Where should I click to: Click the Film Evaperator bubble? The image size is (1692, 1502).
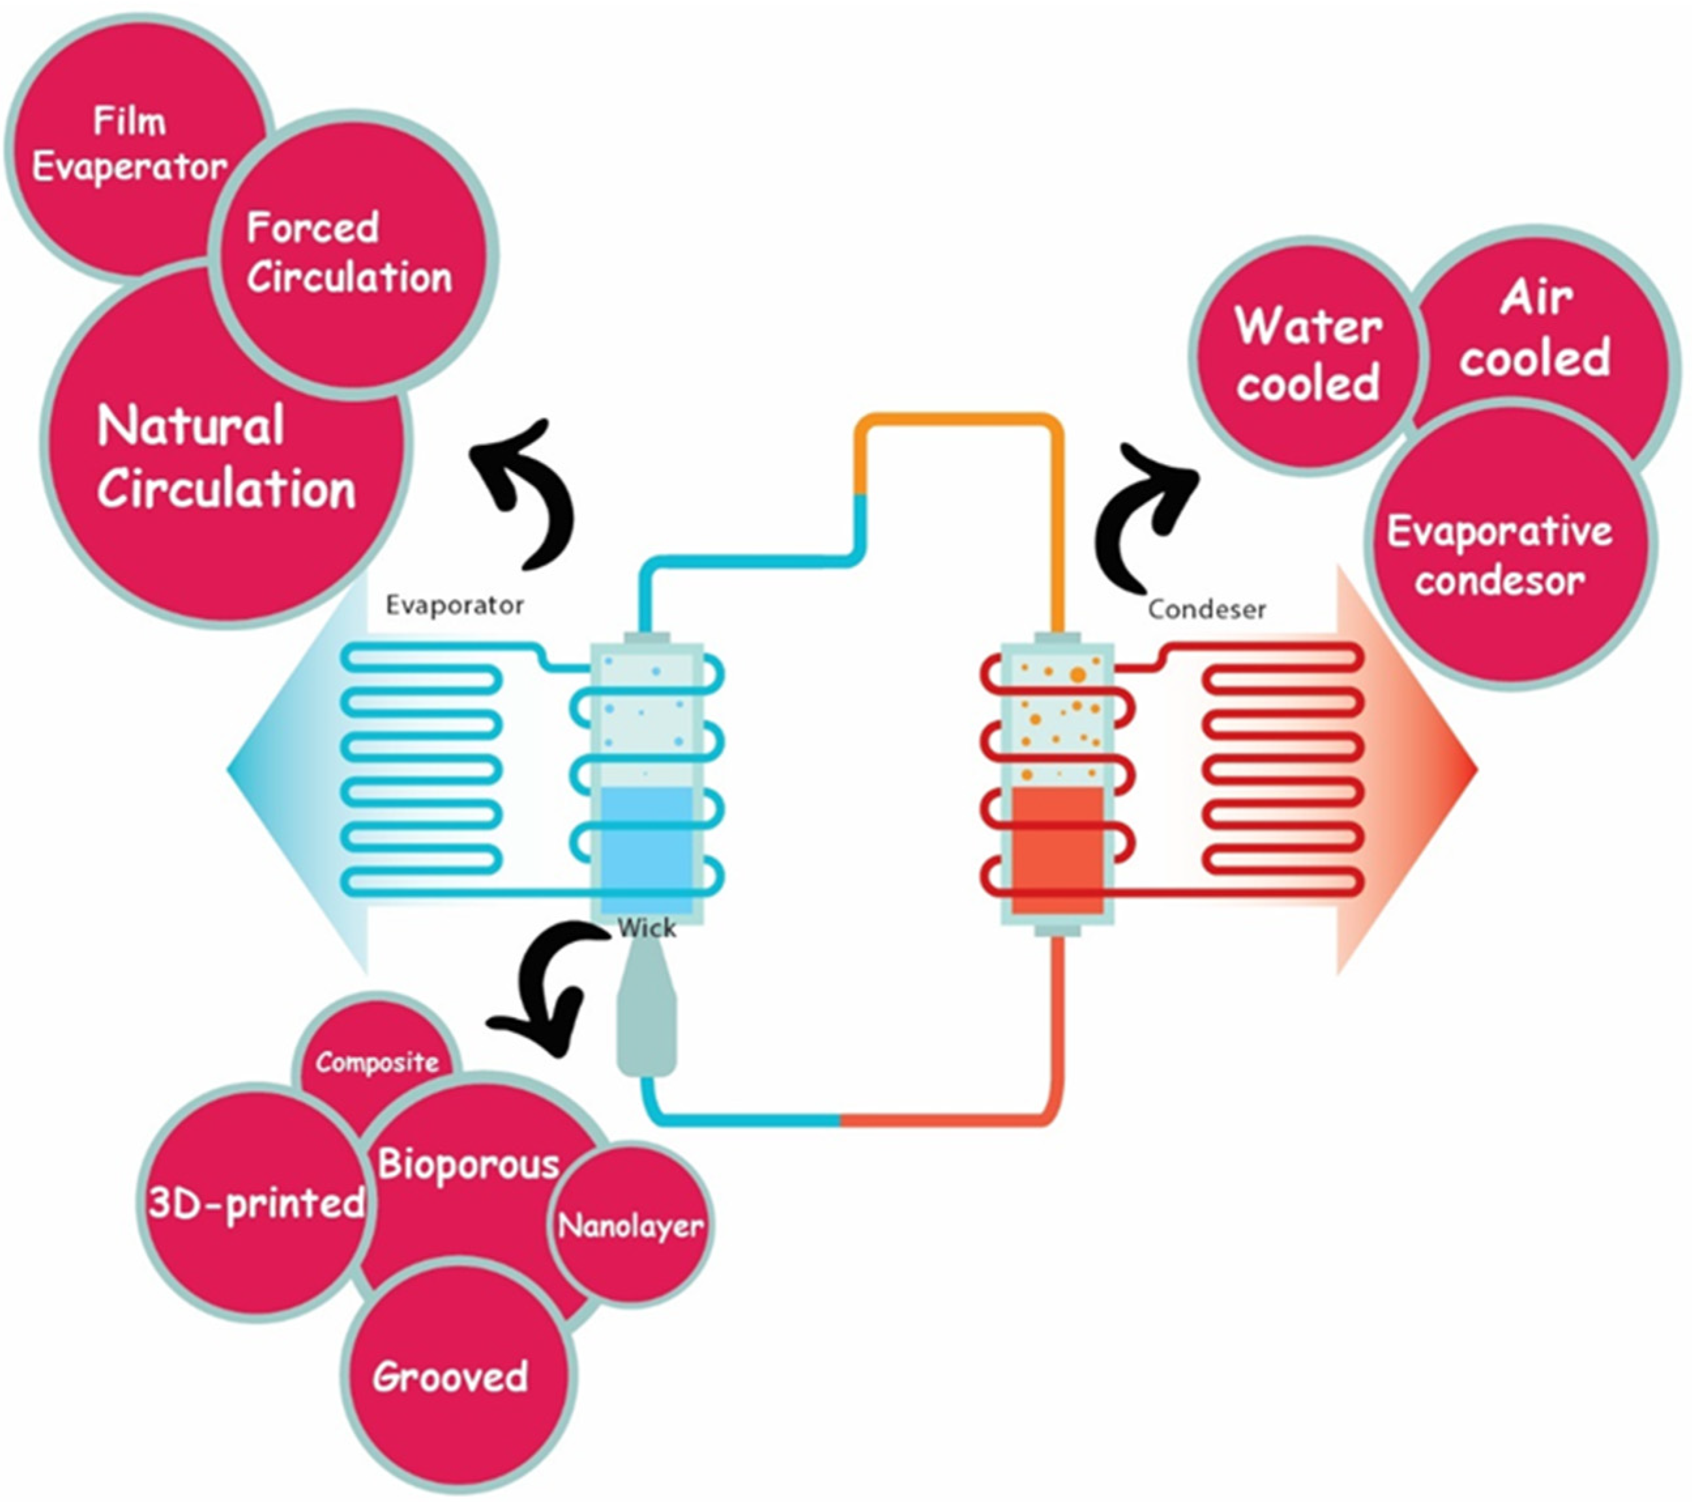(124, 145)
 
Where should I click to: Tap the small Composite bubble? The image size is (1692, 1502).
(377, 1062)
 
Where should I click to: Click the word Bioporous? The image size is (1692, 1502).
(469, 1164)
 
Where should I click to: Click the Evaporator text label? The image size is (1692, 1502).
(454, 605)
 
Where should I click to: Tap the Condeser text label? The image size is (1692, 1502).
(1206, 610)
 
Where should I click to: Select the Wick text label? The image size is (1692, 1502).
(647, 928)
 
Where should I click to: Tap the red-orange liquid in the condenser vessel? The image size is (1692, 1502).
(1057, 849)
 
